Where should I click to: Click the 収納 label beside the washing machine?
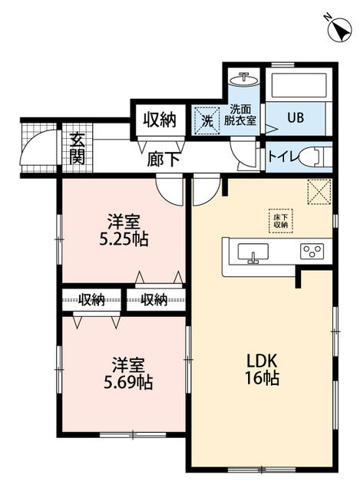pos(159,120)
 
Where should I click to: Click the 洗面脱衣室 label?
pos(242,115)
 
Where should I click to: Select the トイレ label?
pos(281,157)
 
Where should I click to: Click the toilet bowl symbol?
pos(315,157)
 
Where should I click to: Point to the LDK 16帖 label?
pos(262,369)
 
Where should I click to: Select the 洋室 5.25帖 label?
pos(124,229)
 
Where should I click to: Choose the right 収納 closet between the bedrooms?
pos(154,300)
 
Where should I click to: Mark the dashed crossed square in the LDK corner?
pos(318,192)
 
